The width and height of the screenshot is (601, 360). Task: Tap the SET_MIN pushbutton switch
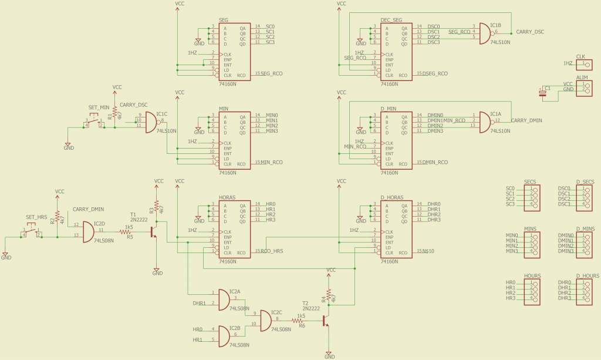(94, 120)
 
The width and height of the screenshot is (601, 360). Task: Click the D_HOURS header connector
(584, 290)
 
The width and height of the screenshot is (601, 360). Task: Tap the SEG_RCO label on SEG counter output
(271, 74)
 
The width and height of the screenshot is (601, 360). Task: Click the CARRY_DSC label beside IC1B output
(529, 32)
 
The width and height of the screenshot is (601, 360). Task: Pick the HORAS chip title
(227, 198)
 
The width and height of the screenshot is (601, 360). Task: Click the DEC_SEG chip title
(391, 21)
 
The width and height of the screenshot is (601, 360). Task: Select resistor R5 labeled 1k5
(126, 232)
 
